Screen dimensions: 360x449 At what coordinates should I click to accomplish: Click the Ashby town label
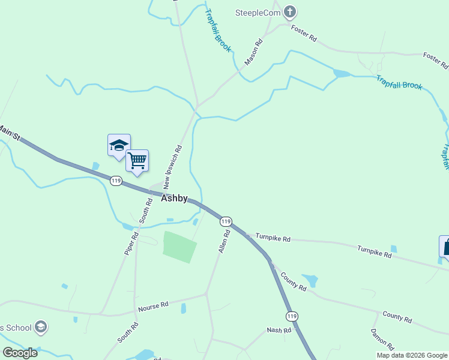click(174, 199)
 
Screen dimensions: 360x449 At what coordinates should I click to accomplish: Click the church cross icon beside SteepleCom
click(290, 11)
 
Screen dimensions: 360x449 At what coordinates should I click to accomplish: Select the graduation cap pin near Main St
click(119, 145)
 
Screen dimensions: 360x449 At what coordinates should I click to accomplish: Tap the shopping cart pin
click(137, 160)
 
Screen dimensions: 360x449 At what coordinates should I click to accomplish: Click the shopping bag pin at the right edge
click(445, 247)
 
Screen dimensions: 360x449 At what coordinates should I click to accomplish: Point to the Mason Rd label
click(254, 52)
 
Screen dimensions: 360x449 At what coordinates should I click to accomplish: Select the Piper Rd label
click(131, 244)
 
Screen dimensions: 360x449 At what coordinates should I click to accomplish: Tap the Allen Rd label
click(224, 240)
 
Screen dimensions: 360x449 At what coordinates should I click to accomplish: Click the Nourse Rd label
click(153, 307)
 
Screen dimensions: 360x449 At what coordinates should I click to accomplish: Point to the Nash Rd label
click(279, 330)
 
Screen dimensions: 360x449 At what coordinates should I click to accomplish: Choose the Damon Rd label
click(381, 339)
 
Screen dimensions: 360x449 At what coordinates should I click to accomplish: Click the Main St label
click(9, 133)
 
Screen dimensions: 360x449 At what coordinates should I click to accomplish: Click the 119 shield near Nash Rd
click(292, 316)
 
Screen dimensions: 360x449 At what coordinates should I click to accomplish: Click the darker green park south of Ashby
click(179, 247)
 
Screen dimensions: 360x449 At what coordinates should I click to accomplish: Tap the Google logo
click(20, 353)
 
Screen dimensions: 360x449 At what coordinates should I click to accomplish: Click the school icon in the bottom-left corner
click(41, 328)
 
